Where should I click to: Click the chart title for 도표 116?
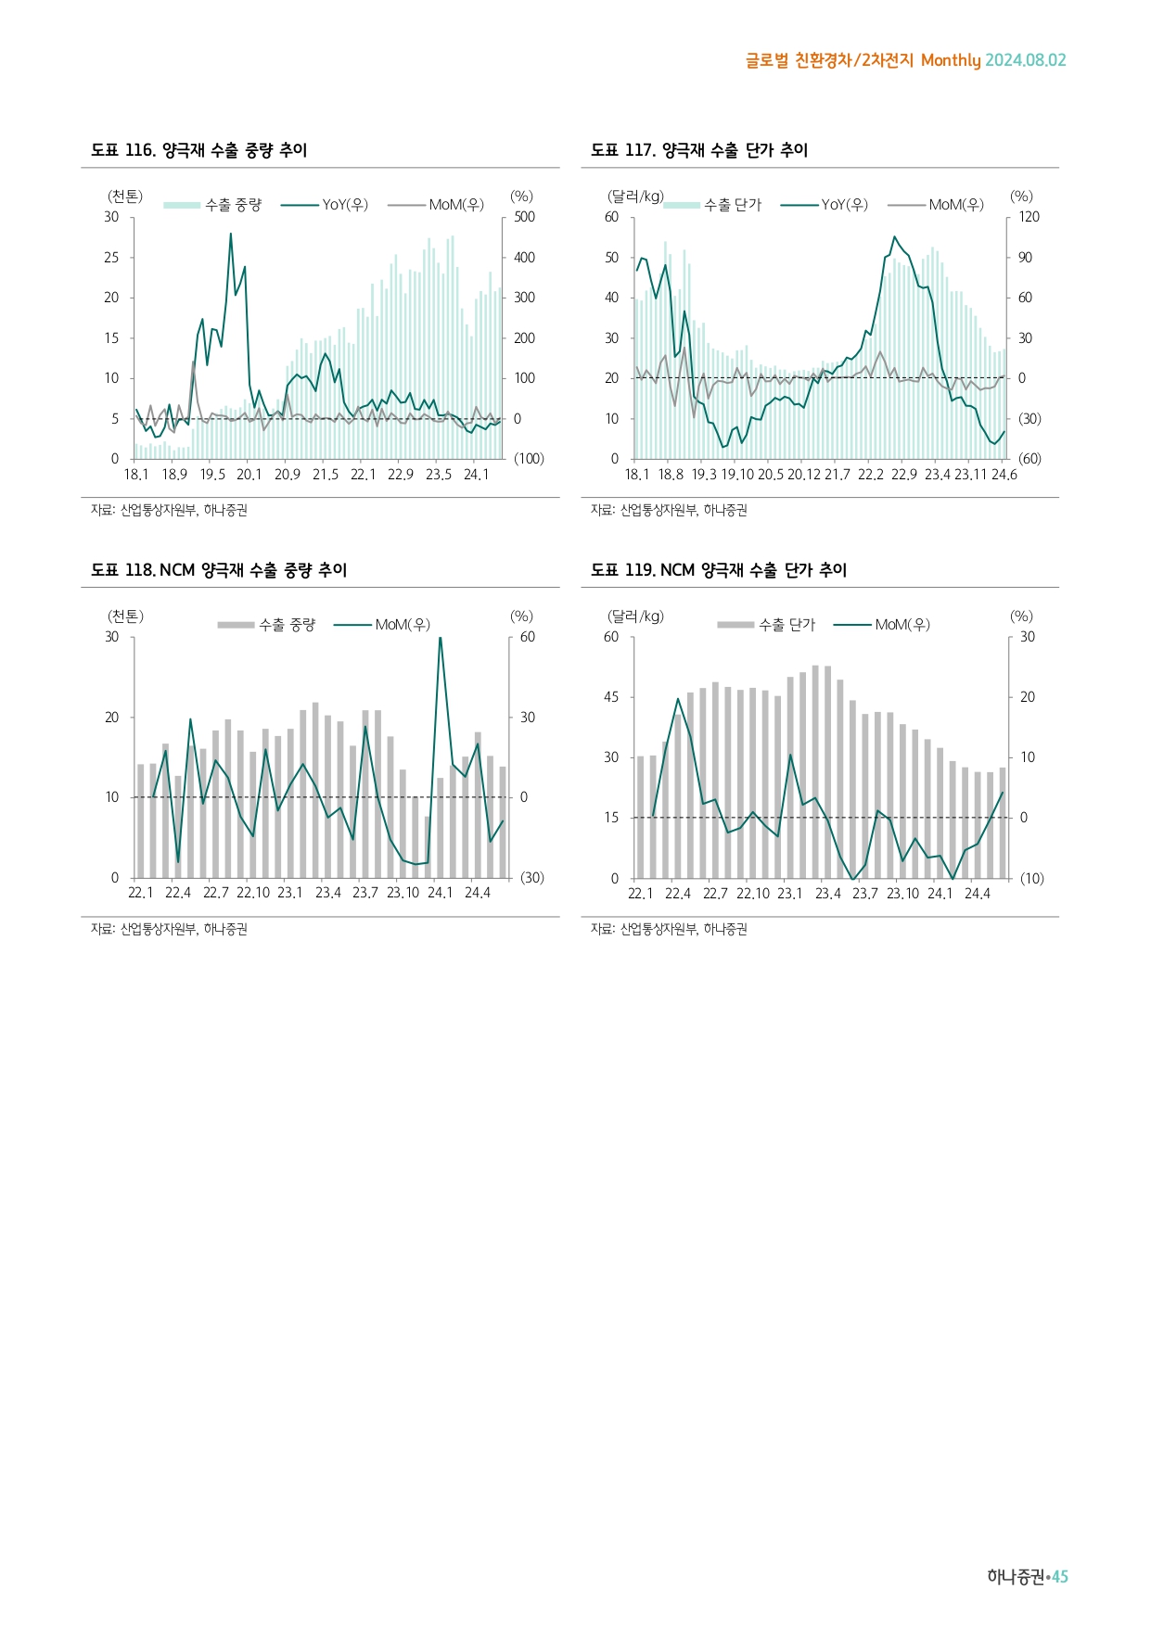coord(198,150)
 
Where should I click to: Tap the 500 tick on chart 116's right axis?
coord(525,217)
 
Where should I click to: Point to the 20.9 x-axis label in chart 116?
coord(288,475)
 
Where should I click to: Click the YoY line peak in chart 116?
coord(231,235)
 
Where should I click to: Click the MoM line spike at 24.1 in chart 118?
coord(441,638)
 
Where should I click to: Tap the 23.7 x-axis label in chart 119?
coord(865,894)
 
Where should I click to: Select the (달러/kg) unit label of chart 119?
coord(635,616)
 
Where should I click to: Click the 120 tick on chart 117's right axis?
coord(1030,217)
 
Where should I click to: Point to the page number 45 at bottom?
coord(1060,1577)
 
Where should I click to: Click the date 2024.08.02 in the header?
coord(1026,60)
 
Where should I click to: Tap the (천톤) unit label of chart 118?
coord(125,616)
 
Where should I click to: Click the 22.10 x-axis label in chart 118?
coord(252,894)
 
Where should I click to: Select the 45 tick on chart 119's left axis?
coord(611,697)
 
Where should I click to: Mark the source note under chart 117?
coord(669,510)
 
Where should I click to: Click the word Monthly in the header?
coord(951,60)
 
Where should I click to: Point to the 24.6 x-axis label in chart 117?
coord(1004,475)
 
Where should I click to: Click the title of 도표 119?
coord(719,570)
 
